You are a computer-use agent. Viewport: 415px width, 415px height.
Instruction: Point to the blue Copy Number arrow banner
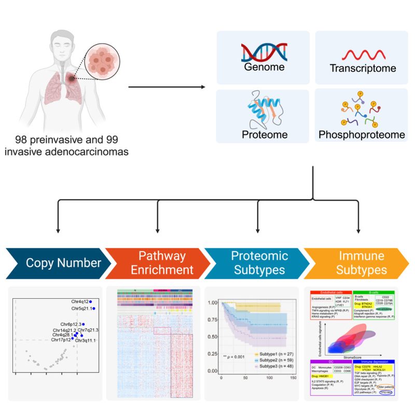point(55,264)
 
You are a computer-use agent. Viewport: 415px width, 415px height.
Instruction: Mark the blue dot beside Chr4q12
point(90,301)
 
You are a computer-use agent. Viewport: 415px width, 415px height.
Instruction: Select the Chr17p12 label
point(61,340)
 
